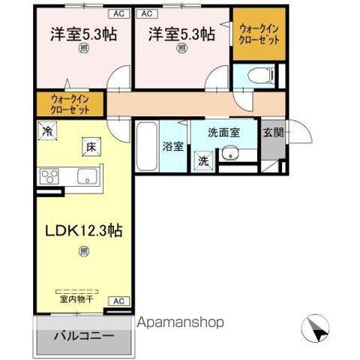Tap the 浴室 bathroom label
point(172,145)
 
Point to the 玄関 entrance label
point(273,133)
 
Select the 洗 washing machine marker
point(203,160)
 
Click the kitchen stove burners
point(50,177)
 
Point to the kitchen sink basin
point(85,177)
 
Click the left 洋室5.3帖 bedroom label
point(73,34)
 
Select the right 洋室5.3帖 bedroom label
point(181,34)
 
